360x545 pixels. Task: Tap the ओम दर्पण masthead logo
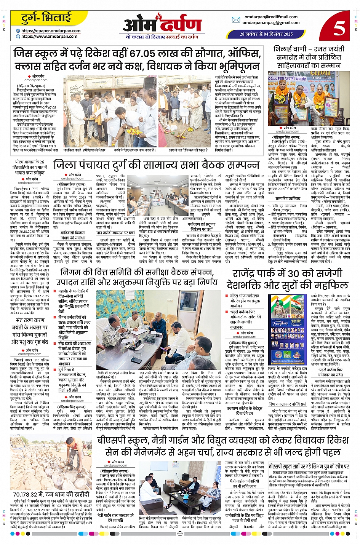click(162, 24)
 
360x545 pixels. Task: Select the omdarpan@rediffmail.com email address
click(271, 17)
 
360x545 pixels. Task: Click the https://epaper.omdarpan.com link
click(51, 31)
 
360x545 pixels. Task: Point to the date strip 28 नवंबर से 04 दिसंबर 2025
click(266, 34)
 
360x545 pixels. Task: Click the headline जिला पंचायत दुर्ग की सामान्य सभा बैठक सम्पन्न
click(157, 165)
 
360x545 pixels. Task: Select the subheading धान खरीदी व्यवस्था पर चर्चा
click(115, 233)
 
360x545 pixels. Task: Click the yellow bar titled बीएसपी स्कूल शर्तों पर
click(309, 466)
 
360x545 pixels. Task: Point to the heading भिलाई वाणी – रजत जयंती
click(307, 49)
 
